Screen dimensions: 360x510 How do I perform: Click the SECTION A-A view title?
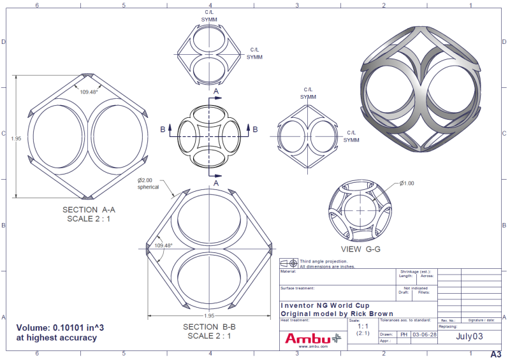tap(89, 210)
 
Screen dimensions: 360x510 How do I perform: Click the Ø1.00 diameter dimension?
tap(407, 184)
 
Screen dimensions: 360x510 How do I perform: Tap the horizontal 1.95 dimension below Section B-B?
tap(209, 315)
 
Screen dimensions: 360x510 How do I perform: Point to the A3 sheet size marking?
tap(496, 354)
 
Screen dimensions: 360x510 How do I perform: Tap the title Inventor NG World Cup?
tap(324, 305)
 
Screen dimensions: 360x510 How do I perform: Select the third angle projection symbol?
tap(290, 263)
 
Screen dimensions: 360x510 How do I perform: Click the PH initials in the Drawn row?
tap(404, 334)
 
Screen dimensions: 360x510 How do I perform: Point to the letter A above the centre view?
tap(216, 92)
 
